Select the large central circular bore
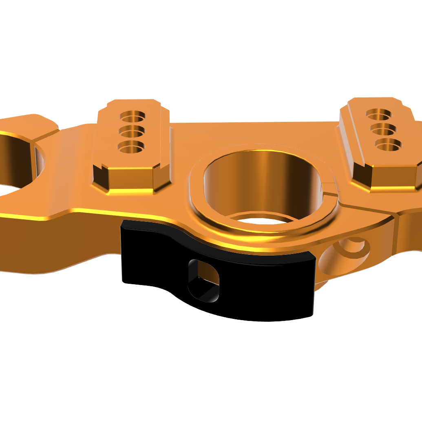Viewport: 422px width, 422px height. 265,183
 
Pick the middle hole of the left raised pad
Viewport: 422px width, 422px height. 133,130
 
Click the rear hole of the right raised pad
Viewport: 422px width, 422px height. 379,113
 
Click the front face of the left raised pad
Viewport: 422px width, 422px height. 130,179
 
